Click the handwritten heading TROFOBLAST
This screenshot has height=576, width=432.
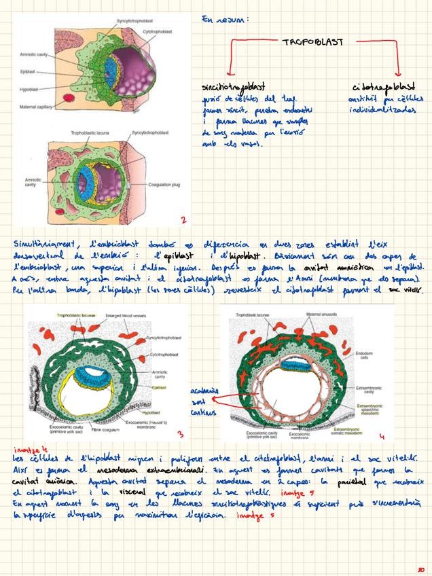tap(312, 42)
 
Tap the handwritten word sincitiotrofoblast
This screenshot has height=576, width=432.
tap(233, 88)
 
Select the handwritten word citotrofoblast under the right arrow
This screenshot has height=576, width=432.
tap(384, 88)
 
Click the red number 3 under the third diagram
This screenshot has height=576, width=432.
tap(179, 433)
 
